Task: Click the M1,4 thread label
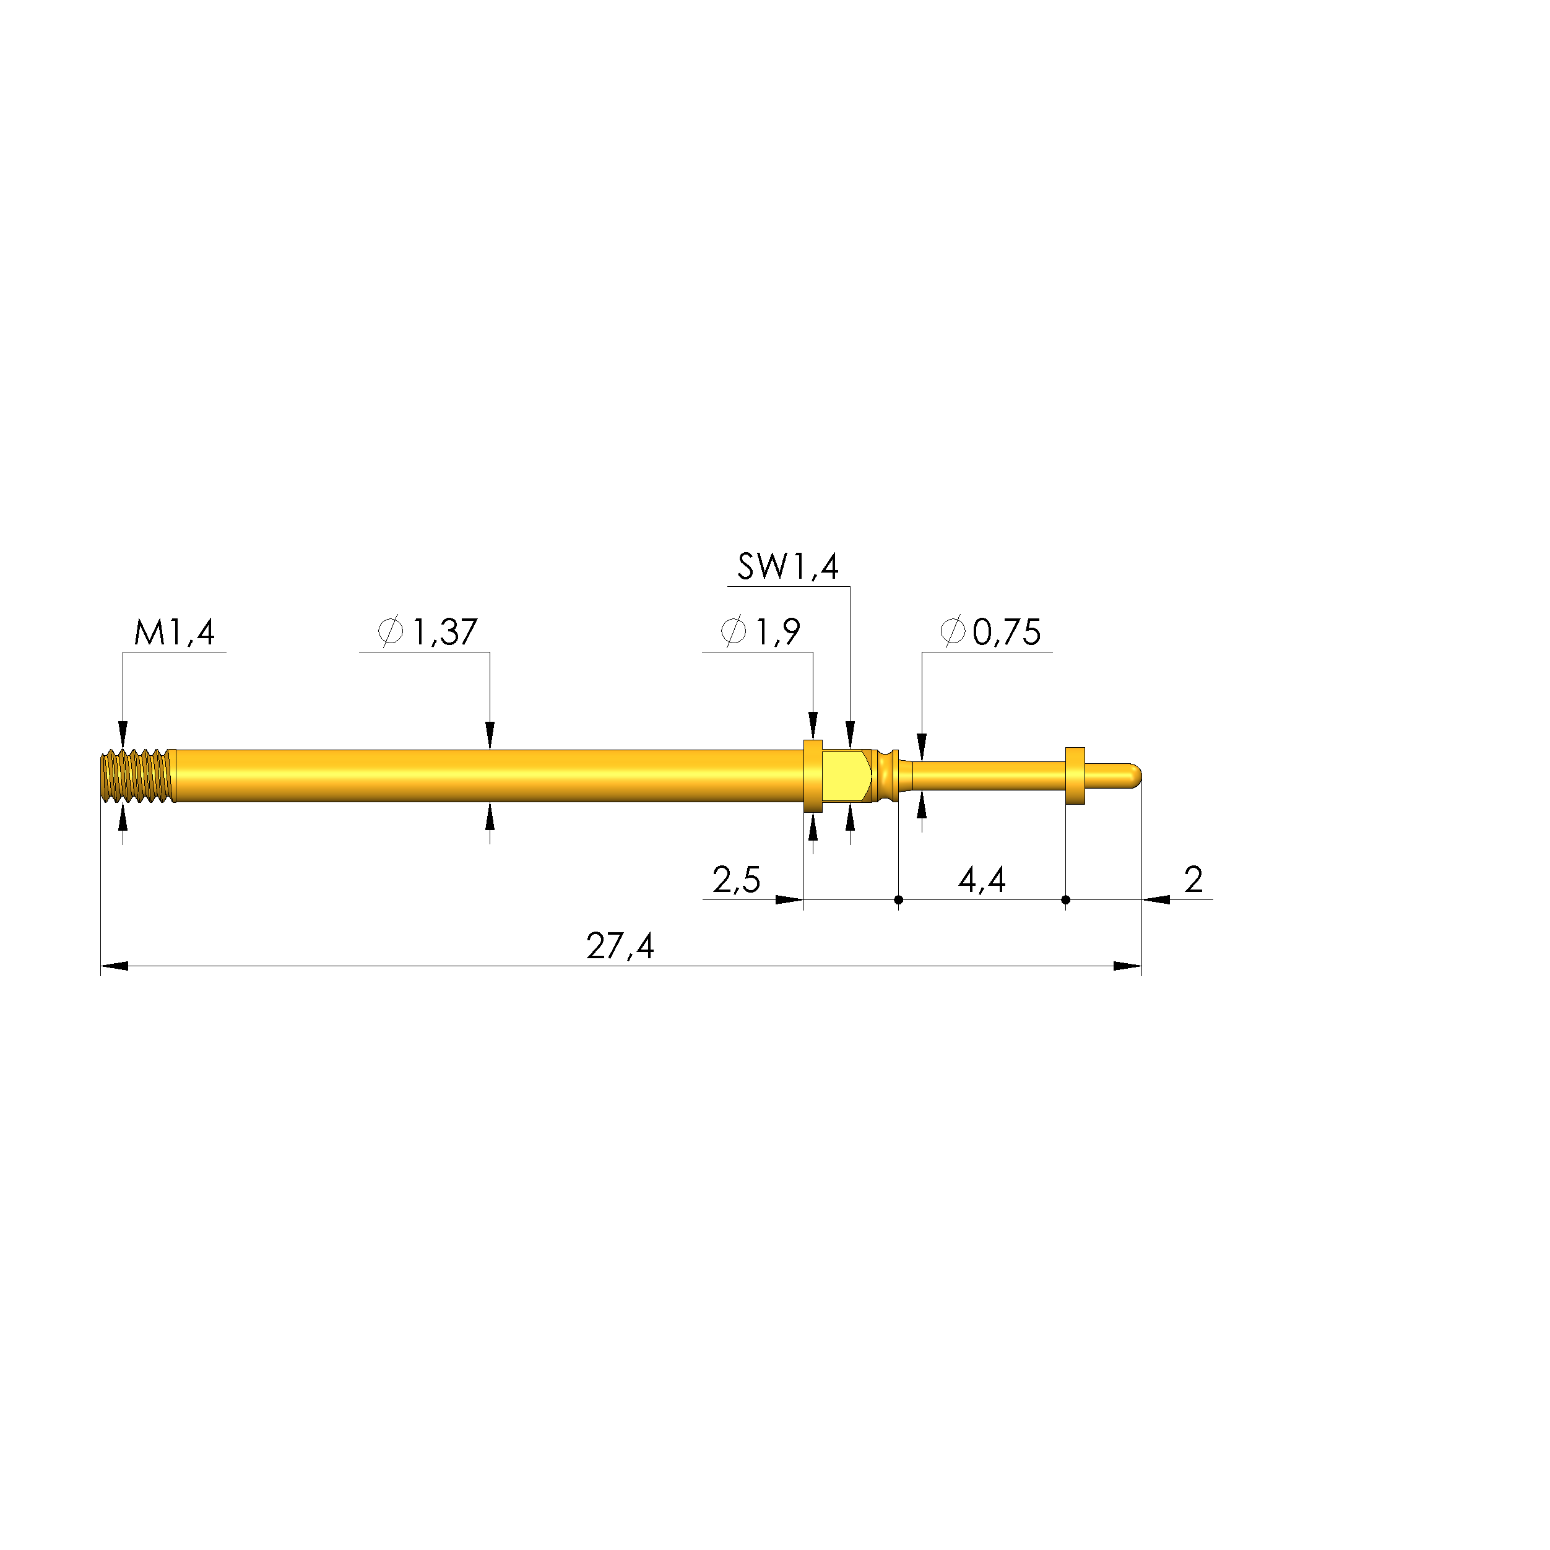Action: point(174,633)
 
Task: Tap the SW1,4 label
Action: point(788,567)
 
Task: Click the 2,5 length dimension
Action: point(737,880)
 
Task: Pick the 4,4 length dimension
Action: point(982,880)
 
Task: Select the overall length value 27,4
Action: point(620,946)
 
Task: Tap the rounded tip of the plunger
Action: point(1133,775)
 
